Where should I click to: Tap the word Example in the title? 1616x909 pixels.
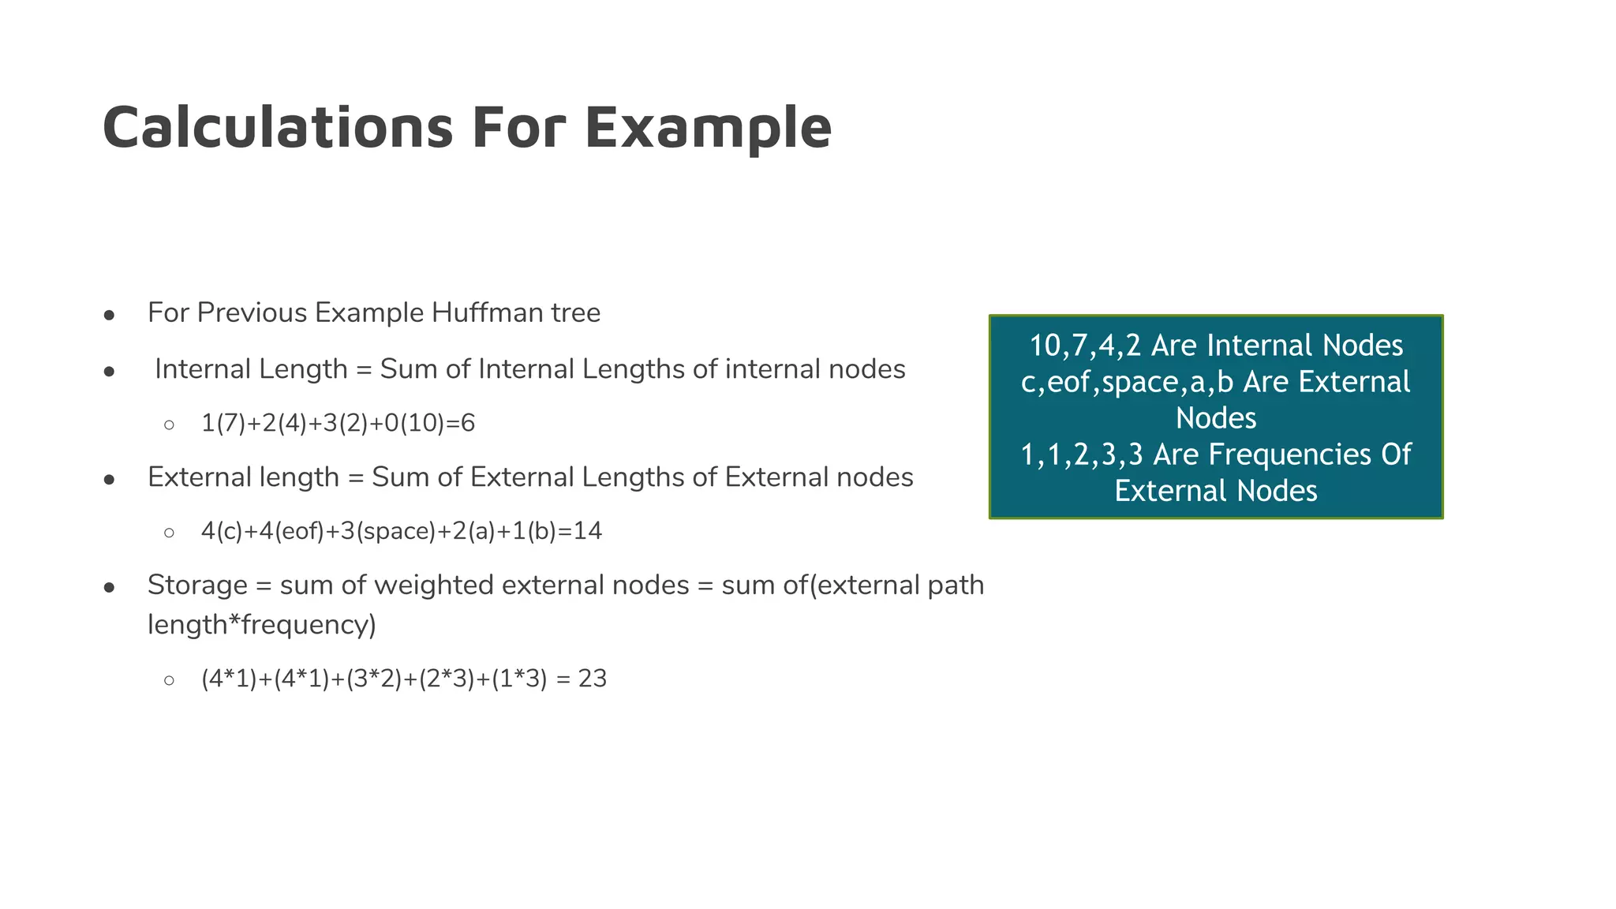point(708,128)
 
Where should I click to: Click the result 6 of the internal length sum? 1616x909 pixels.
point(468,424)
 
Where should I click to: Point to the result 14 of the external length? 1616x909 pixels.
point(588,531)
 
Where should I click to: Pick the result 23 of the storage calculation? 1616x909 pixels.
point(593,679)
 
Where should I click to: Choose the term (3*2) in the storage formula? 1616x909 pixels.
point(374,679)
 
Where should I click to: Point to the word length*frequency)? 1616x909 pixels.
point(262,625)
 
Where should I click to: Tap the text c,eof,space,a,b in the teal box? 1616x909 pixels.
point(1127,382)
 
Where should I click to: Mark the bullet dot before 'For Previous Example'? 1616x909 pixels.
point(110,316)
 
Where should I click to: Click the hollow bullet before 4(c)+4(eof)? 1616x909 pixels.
point(169,533)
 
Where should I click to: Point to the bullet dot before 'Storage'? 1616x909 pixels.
point(110,588)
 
